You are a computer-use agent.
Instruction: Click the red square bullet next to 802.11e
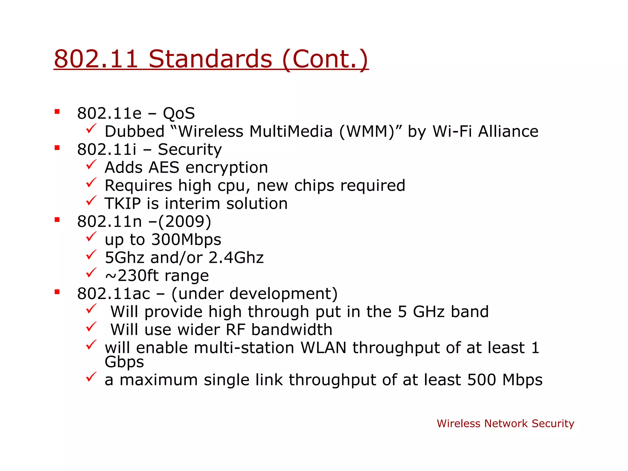pos(57,112)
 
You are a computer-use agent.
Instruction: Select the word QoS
pos(179,113)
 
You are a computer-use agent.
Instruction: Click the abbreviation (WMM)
pos(367,132)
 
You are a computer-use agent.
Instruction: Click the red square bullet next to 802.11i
pos(57,148)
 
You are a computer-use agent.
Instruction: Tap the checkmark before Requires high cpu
pos(91,183)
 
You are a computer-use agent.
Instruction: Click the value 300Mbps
pos(186,239)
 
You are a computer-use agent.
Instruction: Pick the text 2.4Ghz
pos(236,258)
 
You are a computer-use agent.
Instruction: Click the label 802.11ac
pos(113,294)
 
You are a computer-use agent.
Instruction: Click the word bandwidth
pos(292,330)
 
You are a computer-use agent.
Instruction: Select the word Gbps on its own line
pos(124,362)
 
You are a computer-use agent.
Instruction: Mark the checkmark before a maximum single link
pos(91,377)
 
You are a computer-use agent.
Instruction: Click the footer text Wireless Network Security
pos(505,423)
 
